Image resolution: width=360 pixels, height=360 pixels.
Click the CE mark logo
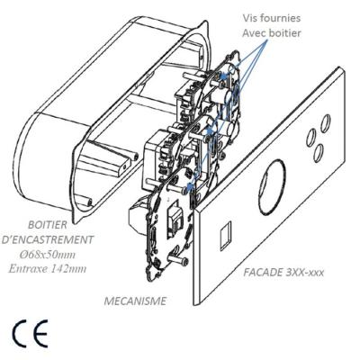click(31, 333)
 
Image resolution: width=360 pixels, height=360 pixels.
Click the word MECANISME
click(135, 301)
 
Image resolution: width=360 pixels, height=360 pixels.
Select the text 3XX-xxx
click(303, 273)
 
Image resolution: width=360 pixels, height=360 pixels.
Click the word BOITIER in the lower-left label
click(47, 225)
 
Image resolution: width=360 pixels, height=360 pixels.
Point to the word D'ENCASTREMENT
click(48, 239)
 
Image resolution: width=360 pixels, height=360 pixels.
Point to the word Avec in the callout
click(255, 32)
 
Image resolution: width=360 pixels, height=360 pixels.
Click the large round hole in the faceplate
click(272, 187)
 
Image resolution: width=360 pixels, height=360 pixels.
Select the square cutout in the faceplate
click(225, 236)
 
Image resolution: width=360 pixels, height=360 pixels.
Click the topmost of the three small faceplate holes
click(326, 123)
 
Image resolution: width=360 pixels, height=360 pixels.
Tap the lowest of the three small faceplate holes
click(319, 153)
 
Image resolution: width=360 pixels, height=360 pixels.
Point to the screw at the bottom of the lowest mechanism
click(177, 260)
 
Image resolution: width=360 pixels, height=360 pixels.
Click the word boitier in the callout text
click(285, 32)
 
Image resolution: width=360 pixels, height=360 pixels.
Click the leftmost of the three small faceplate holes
click(310, 138)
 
